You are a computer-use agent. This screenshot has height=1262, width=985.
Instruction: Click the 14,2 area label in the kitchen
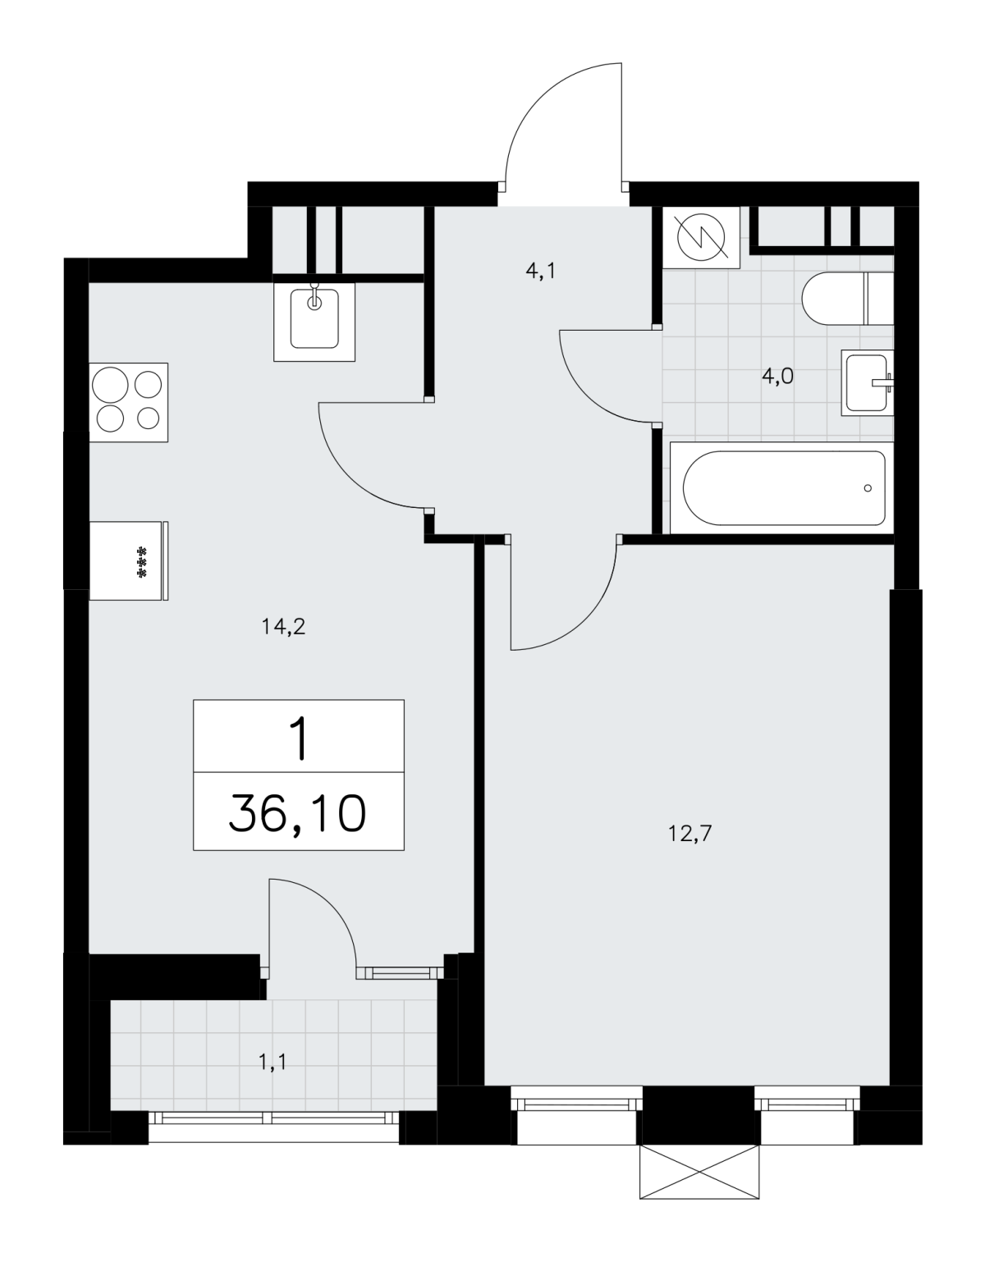click(283, 627)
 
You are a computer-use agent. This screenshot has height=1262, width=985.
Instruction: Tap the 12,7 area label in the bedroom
click(689, 834)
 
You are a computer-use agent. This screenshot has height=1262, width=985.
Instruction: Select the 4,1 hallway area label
click(541, 271)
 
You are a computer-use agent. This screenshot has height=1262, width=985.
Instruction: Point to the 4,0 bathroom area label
click(777, 377)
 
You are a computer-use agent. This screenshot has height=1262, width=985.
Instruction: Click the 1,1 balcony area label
click(273, 1063)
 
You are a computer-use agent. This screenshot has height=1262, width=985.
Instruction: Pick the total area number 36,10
click(297, 814)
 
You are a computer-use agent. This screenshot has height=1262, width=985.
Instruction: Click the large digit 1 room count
click(298, 738)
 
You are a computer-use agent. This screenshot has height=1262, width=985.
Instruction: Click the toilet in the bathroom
click(847, 299)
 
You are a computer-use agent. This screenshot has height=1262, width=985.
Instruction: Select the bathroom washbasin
click(867, 382)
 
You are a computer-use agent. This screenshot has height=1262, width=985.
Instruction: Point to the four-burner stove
click(129, 402)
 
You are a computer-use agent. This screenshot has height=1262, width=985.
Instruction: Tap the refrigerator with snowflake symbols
click(129, 560)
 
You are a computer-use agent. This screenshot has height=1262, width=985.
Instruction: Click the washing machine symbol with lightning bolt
click(701, 237)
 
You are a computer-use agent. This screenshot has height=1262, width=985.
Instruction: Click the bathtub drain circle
click(868, 488)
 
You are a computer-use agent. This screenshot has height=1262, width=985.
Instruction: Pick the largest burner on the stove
click(110, 385)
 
